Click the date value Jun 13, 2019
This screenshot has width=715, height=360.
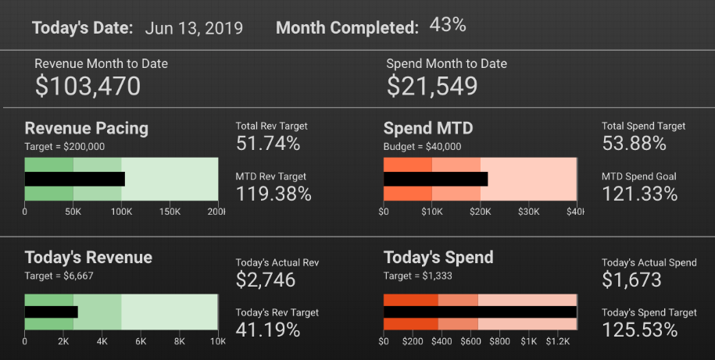pos(194,29)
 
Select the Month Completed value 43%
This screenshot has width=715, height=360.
pos(448,25)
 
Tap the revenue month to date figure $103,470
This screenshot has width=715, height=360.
pos(88,85)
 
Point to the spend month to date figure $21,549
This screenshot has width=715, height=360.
pos(431,85)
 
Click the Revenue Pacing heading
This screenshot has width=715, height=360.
pos(86,128)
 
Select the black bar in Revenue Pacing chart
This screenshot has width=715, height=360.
pos(74,179)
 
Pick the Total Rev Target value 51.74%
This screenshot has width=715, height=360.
pos(268,143)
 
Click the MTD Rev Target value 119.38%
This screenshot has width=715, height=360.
pos(273,194)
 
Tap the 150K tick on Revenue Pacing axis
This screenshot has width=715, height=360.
pos(170,212)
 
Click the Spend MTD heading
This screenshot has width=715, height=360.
pos(428,128)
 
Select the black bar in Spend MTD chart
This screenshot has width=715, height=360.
pos(435,179)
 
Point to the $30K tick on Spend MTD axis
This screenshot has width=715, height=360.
pos(529,212)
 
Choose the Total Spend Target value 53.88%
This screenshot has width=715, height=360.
pos(635,143)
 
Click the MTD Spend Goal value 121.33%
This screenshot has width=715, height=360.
pos(640,194)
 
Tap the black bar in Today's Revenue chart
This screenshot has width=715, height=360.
pos(52,312)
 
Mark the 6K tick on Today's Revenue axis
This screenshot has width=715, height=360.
pos(141,341)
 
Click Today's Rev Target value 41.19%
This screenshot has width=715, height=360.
pos(268,330)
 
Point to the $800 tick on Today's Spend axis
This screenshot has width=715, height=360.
pos(499,341)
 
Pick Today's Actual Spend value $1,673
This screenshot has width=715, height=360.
pos(631,280)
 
